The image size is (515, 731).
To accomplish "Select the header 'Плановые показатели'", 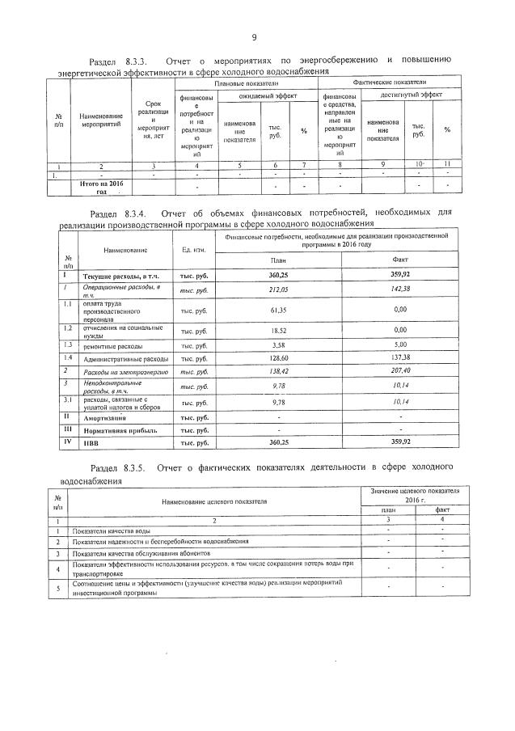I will point(246,83).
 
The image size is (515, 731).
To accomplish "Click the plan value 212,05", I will point(278,289).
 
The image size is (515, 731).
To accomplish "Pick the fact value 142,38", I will point(399,289).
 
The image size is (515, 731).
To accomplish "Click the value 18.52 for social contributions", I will point(278,331).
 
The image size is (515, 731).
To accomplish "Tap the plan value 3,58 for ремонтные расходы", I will point(278,344).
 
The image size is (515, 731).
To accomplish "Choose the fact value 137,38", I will point(399,357).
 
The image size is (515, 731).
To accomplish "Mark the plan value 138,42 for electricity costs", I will point(278,371).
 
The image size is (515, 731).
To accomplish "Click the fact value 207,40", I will point(399,371).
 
